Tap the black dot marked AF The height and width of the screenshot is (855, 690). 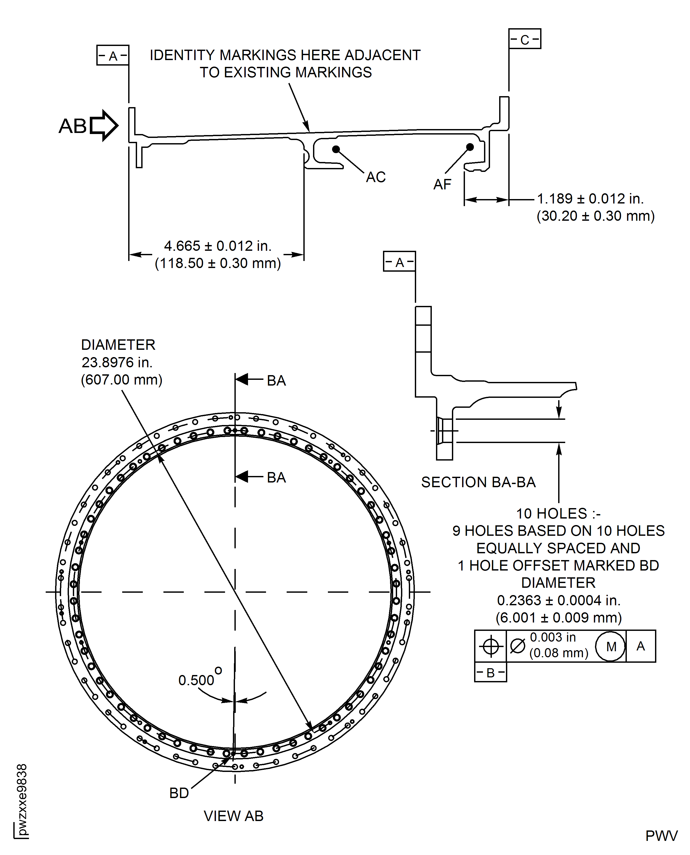[x=470, y=147]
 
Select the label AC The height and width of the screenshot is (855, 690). [x=376, y=177]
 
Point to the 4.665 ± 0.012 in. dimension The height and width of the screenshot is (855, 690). [x=217, y=246]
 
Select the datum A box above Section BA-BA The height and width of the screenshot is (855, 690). [x=399, y=262]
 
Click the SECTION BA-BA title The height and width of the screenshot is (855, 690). [x=478, y=482]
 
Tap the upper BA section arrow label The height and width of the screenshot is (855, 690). [x=276, y=381]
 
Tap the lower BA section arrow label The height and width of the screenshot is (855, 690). [x=276, y=477]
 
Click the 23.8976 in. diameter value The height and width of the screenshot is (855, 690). [x=117, y=362]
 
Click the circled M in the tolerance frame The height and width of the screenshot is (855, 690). [x=611, y=647]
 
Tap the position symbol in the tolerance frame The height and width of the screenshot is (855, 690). [x=491, y=646]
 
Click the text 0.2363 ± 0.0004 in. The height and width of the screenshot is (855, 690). [x=558, y=600]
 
